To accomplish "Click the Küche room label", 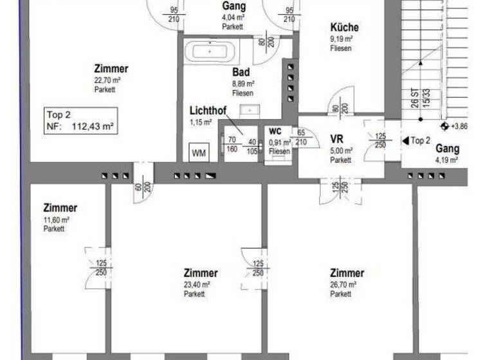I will (x=344, y=28).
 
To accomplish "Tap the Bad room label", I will (x=242, y=73).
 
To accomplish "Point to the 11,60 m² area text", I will (x=57, y=219).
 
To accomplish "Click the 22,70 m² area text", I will (x=107, y=80).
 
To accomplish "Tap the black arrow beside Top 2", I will (x=405, y=140).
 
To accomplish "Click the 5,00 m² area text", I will (x=342, y=150).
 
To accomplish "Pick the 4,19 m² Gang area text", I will (x=446, y=160).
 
